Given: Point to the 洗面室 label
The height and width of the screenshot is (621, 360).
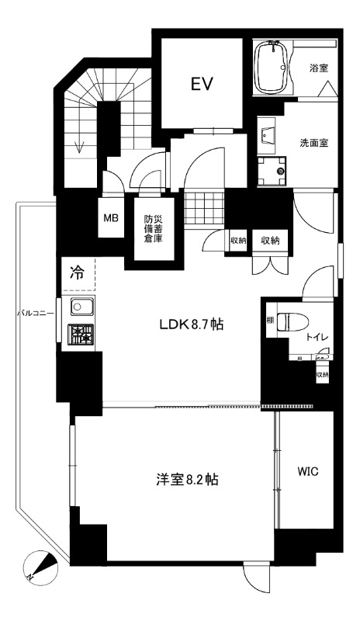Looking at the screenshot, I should tap(315, 143).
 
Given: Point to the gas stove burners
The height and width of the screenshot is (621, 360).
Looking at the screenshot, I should tap(81, 334).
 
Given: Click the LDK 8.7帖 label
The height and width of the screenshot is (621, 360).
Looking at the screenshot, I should tap(192, 325).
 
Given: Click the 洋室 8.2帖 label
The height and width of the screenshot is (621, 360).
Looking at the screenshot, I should tap(185, 480).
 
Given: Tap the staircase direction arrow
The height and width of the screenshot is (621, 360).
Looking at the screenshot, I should tap(78, 145).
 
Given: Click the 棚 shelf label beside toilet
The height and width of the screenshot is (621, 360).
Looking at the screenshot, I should tap(270, 321).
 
